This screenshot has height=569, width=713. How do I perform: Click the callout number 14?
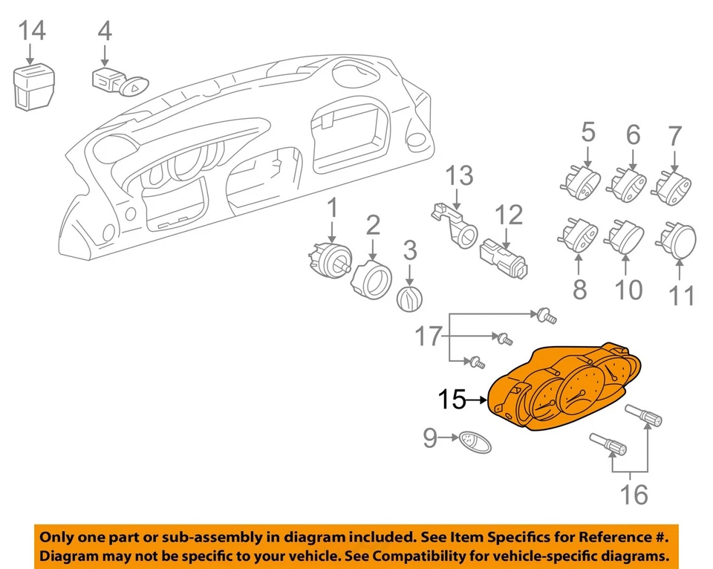pyautogui.click(x=31, y=30)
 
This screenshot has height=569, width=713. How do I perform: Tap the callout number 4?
pyautogui.click(x=105, y=30)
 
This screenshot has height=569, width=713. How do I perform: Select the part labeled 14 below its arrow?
pyautogui.click(x=33, y=87)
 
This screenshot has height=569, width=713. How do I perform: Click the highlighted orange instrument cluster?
pyautogui.click(x=564, y=387)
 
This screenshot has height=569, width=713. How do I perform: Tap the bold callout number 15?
pyautogui.click(x=452, y=400)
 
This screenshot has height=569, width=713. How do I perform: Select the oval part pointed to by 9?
pyautogui.click(x=471, y=441)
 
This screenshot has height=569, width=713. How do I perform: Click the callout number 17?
pyautogui.click(x=428, y=336)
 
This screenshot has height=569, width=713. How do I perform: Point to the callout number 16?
pyautogui.click(x=634, y=493)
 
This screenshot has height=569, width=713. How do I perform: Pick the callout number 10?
pyautogui.click(x=628, y=288)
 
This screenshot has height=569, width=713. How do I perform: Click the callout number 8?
pyautogui.click(x=579, y=288)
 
